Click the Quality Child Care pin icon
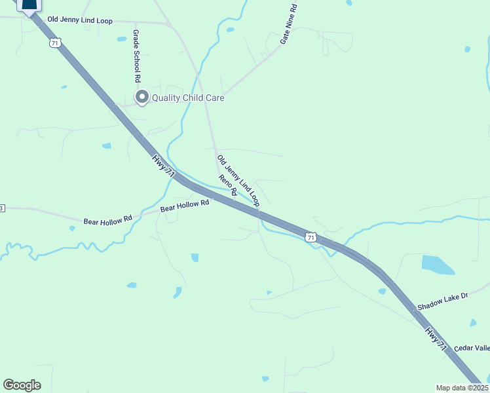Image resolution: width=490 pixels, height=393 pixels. (141, 98)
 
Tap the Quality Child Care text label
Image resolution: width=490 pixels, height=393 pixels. (188, 98)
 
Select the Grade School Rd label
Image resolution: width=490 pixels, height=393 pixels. (137, 56)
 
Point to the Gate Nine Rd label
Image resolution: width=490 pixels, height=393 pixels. (289, 24)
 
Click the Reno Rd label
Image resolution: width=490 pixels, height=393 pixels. (227, 188)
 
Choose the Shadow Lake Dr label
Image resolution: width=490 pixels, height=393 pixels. (443, 301)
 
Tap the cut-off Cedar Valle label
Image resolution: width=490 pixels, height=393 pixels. (472, 348)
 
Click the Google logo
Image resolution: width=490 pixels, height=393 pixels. (22, 385)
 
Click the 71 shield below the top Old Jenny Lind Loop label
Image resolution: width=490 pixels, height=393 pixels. (54, 43)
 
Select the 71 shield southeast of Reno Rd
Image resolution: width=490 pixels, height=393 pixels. (311, 236)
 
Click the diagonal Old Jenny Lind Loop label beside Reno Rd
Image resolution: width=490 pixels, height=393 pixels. (238, 181)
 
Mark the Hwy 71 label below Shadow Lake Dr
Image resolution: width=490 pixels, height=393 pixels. (436, 340)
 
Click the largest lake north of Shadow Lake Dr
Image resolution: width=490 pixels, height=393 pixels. (438, 265)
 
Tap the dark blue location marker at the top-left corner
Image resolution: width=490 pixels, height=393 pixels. (28, 6)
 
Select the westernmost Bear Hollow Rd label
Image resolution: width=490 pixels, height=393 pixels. (108, 221)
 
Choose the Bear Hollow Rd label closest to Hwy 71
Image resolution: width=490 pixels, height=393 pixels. (185, 205)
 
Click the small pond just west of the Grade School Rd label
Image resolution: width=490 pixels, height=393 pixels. (122, 39)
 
